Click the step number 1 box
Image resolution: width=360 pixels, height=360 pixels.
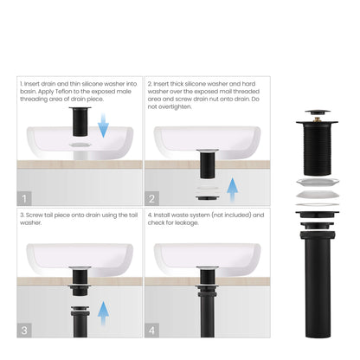click(26, 197)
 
